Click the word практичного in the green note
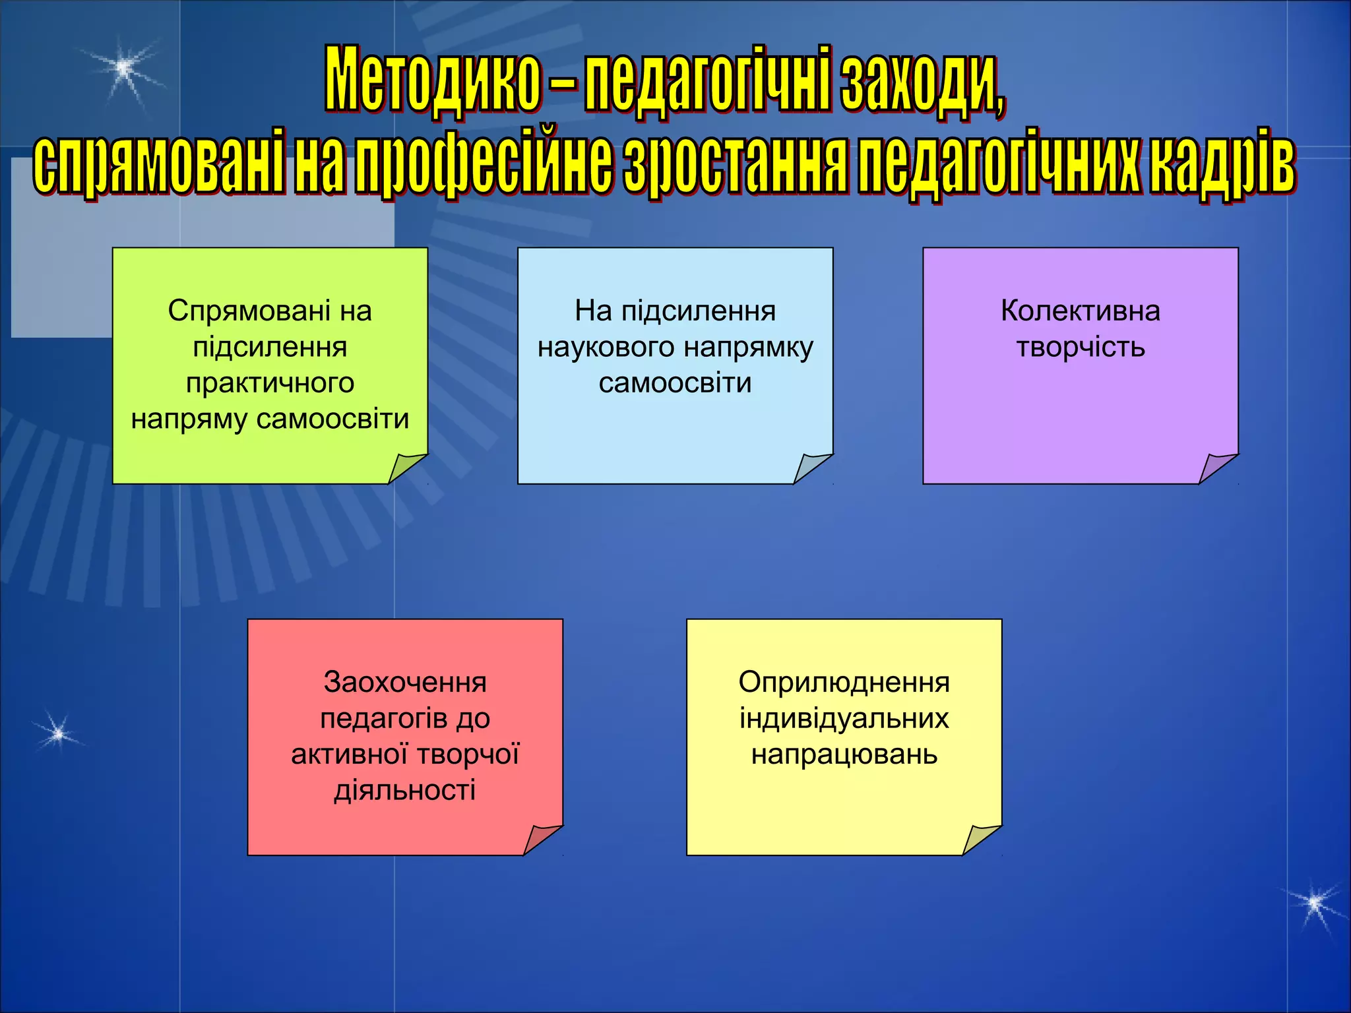click(x=270, y=383)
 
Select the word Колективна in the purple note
click(x=1080, y=311)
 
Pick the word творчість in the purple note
click(x=1080, y=348)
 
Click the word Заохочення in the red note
click(x=405, y=683)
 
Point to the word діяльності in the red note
click(x=405, y=790)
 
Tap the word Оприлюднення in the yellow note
click(x=844, y=683)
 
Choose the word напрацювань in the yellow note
click(x=844, y=754)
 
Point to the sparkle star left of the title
click(x=123, y=67)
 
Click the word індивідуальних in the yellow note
click(x=844, y=719)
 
